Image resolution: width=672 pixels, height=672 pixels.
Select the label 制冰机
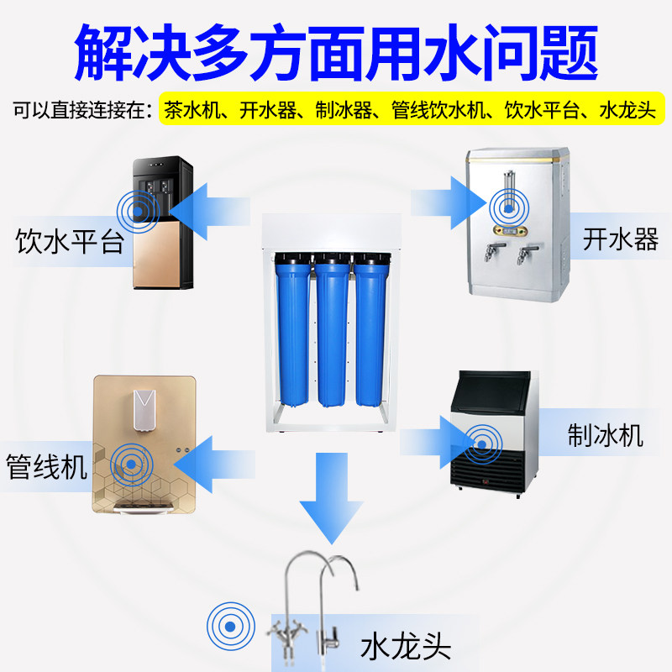point(605,435)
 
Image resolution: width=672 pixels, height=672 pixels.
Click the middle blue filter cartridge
point(332,331)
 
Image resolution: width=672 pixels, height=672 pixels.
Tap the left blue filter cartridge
point(295,331)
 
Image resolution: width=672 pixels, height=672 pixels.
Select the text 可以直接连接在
point(82,110)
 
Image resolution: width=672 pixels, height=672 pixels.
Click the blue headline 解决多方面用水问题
point(336,50)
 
